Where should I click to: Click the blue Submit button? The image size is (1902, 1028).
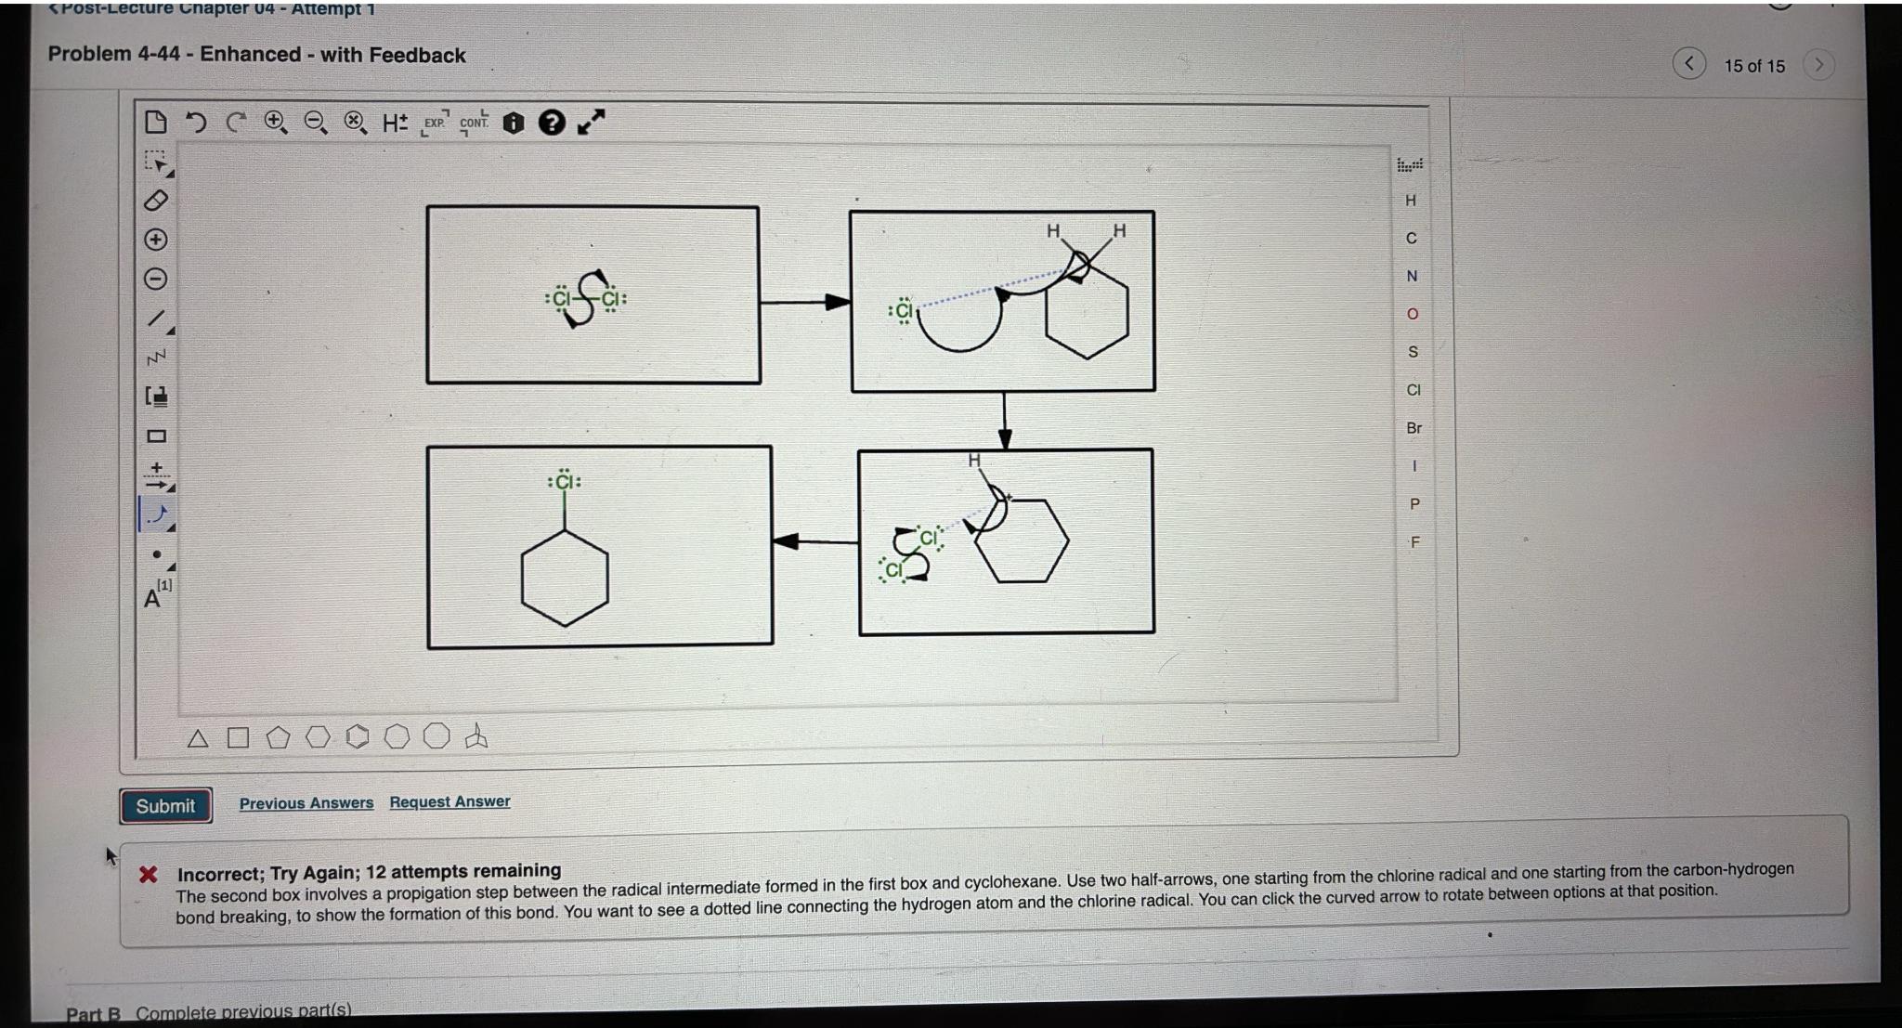[165, 806]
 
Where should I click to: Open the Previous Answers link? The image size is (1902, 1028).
[306, 803]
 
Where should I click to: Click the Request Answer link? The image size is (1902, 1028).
[449, 801]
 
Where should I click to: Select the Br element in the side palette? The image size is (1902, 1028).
[1413, 428]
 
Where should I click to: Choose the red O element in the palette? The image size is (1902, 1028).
[1413, 314]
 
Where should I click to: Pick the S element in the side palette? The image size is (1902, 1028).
[1413, 352]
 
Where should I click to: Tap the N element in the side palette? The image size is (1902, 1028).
[1412, 276]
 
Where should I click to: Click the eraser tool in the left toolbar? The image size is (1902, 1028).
[156, 201]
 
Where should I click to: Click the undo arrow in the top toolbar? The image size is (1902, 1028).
[195, 123]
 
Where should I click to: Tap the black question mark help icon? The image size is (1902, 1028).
[552, 123]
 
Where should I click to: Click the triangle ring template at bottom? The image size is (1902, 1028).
[197, 739]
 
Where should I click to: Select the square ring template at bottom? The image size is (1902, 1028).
[238, 738]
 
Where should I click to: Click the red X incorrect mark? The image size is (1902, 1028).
[148, 875]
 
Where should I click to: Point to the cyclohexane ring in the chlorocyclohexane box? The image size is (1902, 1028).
[565, 579]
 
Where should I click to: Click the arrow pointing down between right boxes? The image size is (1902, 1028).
[1004, 422]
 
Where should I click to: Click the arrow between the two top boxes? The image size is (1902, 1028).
[804, 302]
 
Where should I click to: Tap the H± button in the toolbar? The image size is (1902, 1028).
[395, 123]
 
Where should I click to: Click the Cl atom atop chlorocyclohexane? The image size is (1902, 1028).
[565, 482]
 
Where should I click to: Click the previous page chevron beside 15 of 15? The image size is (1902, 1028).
[1688, 64]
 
